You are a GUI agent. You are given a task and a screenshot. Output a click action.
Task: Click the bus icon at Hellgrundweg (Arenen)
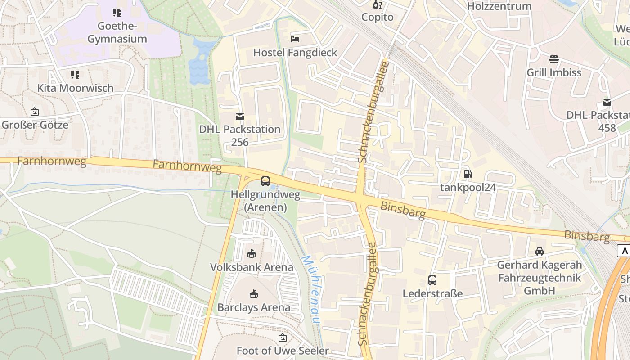click(x=265, y=182)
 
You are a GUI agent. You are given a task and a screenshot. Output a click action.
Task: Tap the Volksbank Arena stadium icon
click(x=252, y=254)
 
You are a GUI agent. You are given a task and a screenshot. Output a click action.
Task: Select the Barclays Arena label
click(x=254, y=308)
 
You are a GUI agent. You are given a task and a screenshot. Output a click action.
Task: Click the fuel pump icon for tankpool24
click(x=468, y=174)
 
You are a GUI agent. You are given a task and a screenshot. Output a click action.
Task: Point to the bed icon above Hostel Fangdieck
click(x=295, y=39)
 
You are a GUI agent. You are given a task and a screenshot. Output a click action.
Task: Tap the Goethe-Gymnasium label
click(x=117, y=32)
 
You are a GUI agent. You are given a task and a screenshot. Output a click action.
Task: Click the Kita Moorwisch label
click(x=75, y=88)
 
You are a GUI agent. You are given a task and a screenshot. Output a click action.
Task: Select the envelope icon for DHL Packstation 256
click(x=240, y=117)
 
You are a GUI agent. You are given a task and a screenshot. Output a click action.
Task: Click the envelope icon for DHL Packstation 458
click(x=607, y=102)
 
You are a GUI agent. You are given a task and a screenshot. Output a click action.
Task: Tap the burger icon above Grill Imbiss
click(x=554, y=59)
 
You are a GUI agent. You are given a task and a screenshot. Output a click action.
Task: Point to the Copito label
click(x=378, y=18)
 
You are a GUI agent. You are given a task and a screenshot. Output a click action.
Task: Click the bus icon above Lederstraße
click(x=432, y=280)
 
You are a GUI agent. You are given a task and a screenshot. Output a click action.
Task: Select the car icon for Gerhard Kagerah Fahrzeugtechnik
click(x=540, y=252)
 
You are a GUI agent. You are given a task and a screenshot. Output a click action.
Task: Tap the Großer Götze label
click(x=35, y=125)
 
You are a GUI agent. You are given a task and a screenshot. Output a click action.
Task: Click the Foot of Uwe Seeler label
click(x=283, y=350)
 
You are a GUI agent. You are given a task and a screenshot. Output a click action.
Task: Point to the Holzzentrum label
click(x=499, y=6)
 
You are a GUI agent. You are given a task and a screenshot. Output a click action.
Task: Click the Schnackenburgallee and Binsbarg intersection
click(x=361, y=198)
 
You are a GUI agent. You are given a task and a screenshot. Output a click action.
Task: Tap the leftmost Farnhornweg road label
click(x=52, y=161)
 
